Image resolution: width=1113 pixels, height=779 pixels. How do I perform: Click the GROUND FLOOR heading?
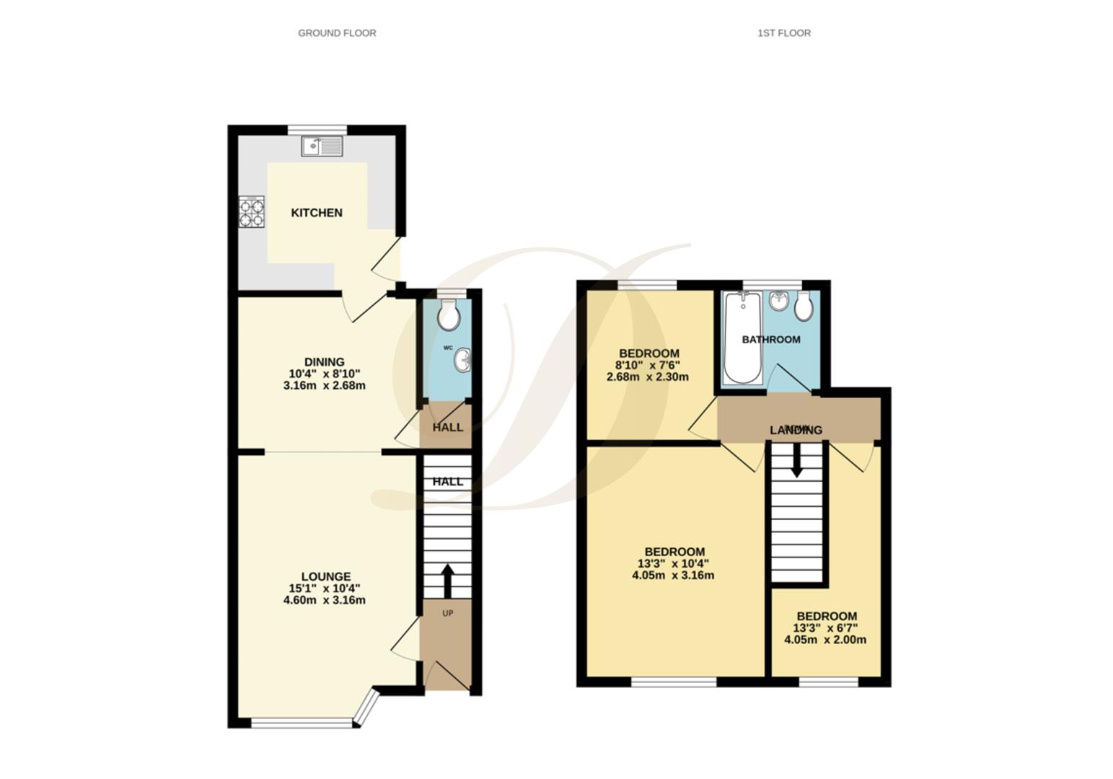click(337, 33)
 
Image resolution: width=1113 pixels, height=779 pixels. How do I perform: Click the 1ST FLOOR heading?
click(783, 33)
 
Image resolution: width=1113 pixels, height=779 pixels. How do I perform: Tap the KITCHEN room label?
click(317, 213)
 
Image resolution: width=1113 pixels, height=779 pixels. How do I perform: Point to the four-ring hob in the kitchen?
click(252, 213)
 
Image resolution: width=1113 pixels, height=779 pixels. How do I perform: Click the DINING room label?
click(324, 362)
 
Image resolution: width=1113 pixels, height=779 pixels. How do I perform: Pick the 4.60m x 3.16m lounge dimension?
click(325, 600)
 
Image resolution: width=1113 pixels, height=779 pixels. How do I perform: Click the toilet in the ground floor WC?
click(449, 314)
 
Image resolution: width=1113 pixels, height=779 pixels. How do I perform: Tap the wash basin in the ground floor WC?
click(462, 361)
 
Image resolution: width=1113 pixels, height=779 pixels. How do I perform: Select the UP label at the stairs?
click(447, 614)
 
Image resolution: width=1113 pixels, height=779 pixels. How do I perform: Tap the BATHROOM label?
click(771, 340)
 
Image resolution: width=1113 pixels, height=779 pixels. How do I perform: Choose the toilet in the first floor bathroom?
click(804, 307)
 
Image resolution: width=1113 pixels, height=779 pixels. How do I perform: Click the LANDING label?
click(796, 431)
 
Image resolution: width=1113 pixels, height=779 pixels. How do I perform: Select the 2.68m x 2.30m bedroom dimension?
click(648, 377)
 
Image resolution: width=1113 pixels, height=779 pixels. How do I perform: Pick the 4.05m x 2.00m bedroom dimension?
click(825, 640)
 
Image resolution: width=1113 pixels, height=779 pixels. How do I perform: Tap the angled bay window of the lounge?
click(368, 708)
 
